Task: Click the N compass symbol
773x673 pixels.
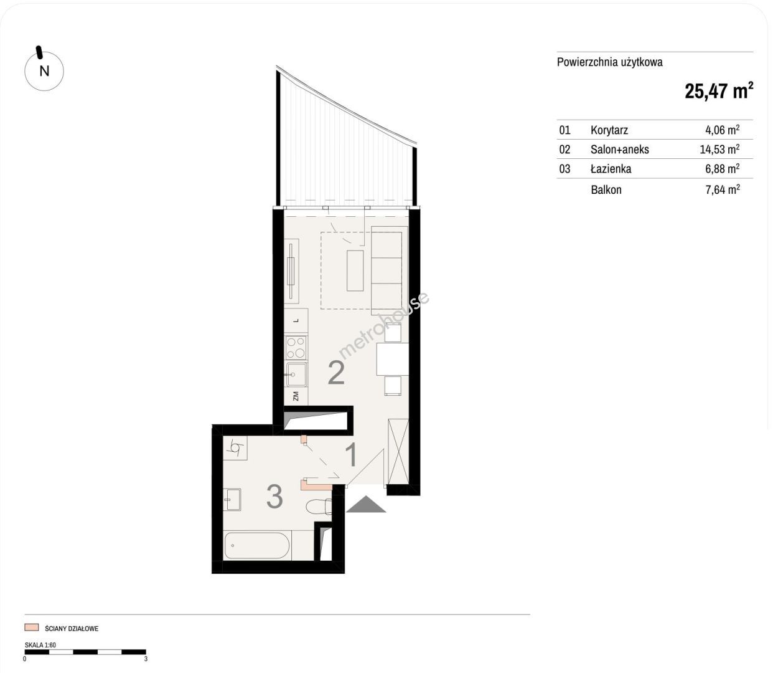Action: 44,71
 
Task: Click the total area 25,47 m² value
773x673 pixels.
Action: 719,91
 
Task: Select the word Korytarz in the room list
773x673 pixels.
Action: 609,130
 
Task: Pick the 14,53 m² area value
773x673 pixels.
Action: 719,149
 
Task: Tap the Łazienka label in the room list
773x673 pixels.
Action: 611,168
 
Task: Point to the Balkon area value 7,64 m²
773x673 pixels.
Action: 723,189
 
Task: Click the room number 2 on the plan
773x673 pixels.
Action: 336,373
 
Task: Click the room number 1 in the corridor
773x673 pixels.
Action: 352,455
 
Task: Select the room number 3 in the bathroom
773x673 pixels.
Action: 274,497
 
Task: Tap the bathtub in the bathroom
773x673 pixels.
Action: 257,545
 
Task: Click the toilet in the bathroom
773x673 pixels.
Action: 319,507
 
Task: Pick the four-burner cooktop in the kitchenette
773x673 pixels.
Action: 296,347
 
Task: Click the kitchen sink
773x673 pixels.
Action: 296,375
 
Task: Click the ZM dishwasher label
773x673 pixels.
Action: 296,396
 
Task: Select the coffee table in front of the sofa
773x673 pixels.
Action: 355,270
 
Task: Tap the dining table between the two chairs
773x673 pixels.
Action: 393,359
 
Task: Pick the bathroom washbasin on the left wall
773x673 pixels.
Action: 232,500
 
